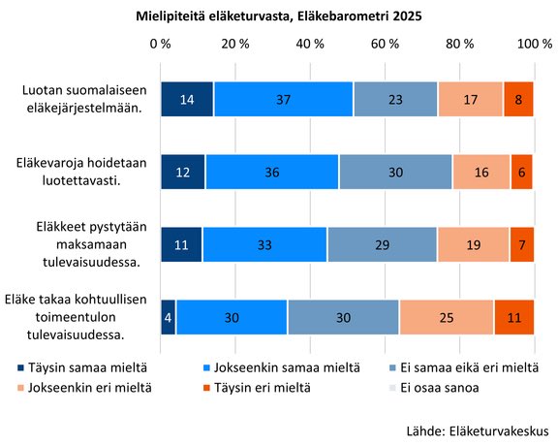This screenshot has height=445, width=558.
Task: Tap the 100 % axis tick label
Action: click(x=534, y=45)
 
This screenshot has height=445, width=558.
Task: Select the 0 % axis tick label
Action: click(x=161, y=45)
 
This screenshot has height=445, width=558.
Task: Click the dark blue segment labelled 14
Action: click(x=186, y=99)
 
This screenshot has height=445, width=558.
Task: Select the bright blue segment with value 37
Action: click(x=283, y=99)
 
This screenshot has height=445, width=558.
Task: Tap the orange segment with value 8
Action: click(x=518, y=99)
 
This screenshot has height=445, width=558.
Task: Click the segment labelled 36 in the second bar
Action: click(x=271, y=172)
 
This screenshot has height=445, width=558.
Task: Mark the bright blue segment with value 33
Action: click(x=264, y=244)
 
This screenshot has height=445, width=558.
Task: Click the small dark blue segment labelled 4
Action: click(x=168, y=317)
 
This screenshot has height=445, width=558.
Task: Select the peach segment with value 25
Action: click(x=446, y=317)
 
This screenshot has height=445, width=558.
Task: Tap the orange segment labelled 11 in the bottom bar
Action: click(x=513, y=317)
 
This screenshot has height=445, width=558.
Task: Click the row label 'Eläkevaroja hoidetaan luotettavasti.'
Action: click(x=80, y=172)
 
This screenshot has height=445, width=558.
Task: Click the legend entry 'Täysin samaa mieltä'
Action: click(x=82, y=367)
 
